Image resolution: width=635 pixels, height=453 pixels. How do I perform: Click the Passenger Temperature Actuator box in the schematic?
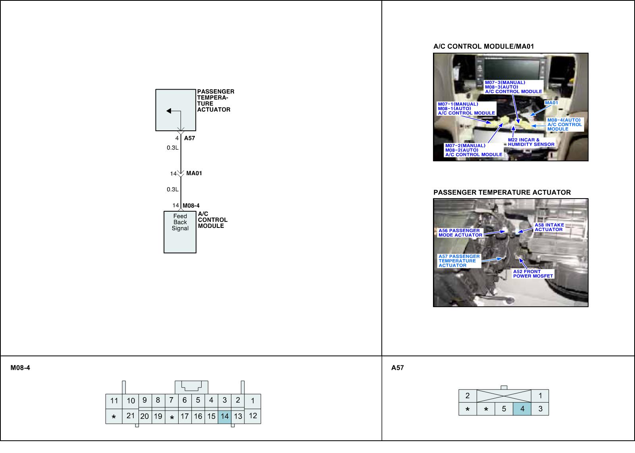point(175,110)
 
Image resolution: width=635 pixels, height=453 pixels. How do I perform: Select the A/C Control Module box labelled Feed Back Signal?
point(180,232)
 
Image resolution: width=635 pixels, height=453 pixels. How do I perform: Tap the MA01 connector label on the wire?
point(194,173)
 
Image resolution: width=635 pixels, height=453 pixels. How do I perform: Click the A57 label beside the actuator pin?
point(189,138)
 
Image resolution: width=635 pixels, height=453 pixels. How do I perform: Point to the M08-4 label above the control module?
point(191,205)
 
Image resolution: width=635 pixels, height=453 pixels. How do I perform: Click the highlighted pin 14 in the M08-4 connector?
point(225,416)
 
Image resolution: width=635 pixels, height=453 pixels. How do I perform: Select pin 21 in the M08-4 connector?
point(131,416)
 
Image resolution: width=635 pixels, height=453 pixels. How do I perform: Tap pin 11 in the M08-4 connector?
point(114,401)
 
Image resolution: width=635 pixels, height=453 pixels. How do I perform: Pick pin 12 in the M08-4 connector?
point(253,416)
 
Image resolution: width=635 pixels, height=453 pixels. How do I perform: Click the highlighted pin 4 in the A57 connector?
point(522,409)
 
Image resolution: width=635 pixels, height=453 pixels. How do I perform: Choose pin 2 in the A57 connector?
point(468,396)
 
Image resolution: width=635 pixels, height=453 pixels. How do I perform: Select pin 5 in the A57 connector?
point(504,409)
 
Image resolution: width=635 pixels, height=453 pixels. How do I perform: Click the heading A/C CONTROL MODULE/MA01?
point(483,46)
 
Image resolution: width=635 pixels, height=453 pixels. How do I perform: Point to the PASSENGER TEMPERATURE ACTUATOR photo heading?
point(502,193)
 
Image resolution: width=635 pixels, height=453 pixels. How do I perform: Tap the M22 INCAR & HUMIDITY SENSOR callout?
point(531,142)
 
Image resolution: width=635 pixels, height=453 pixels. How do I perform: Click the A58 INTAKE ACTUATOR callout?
point(549,227)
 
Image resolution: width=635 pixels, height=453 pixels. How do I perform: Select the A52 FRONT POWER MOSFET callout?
point(533,274)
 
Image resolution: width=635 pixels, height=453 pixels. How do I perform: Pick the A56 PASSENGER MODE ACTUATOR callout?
point(460,233)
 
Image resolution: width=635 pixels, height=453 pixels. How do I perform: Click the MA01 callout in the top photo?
point(551,103)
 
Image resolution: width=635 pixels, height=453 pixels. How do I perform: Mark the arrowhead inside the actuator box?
point(169,111)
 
